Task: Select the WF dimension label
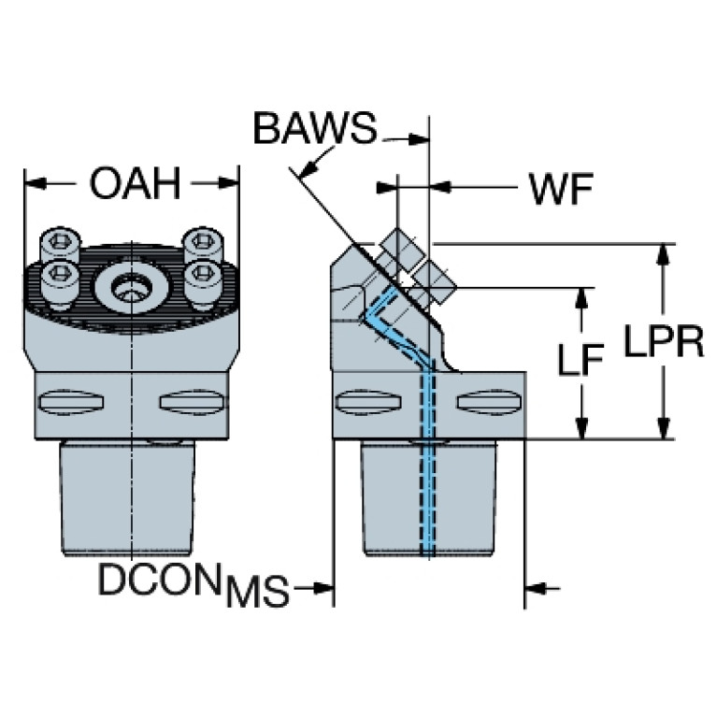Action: tap(560, 191)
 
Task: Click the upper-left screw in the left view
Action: tap(61, 245)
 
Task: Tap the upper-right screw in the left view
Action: tap(201, 242)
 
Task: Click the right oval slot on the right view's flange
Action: tap(484, 404)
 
